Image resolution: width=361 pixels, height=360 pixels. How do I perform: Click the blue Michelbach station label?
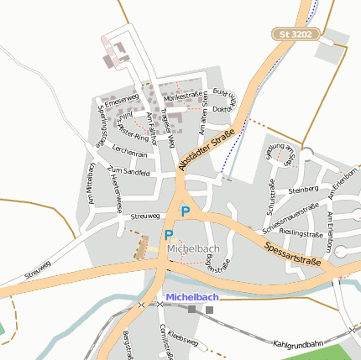tap(192, 297)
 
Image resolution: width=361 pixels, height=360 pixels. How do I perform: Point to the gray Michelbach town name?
tap(192, 249)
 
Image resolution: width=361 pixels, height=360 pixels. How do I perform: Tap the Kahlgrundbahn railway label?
tap(298, 344)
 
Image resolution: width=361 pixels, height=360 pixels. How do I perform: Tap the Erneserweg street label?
tap(121, 98)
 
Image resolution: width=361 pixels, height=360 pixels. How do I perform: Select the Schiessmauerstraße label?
tap(290, 217)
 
